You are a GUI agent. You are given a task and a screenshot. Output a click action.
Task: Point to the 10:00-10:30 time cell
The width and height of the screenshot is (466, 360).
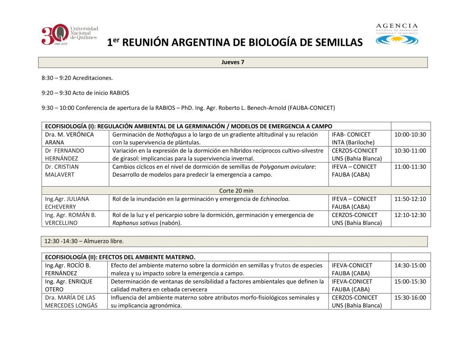[x=410, y=135]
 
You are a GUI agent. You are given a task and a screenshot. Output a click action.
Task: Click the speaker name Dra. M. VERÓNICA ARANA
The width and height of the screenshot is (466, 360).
[x=69, y=138]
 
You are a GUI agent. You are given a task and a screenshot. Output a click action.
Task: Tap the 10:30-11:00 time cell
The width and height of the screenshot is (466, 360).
[x=410, y=151]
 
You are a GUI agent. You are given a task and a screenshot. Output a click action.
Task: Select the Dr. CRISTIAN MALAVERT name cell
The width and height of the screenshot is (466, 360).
[x=62, y=171]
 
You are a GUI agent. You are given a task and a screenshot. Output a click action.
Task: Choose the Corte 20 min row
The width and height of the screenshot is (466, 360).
[x=236, y=191]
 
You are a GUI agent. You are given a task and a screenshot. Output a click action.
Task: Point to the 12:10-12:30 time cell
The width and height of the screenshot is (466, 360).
[x=410, y=215]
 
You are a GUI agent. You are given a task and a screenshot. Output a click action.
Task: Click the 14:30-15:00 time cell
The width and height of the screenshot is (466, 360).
[x=410, y=265]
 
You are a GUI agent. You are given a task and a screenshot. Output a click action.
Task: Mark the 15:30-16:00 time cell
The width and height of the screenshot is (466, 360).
[x=410, y=298]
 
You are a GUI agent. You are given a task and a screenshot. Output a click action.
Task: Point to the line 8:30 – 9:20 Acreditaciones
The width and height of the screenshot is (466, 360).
[x=77, y=78]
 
